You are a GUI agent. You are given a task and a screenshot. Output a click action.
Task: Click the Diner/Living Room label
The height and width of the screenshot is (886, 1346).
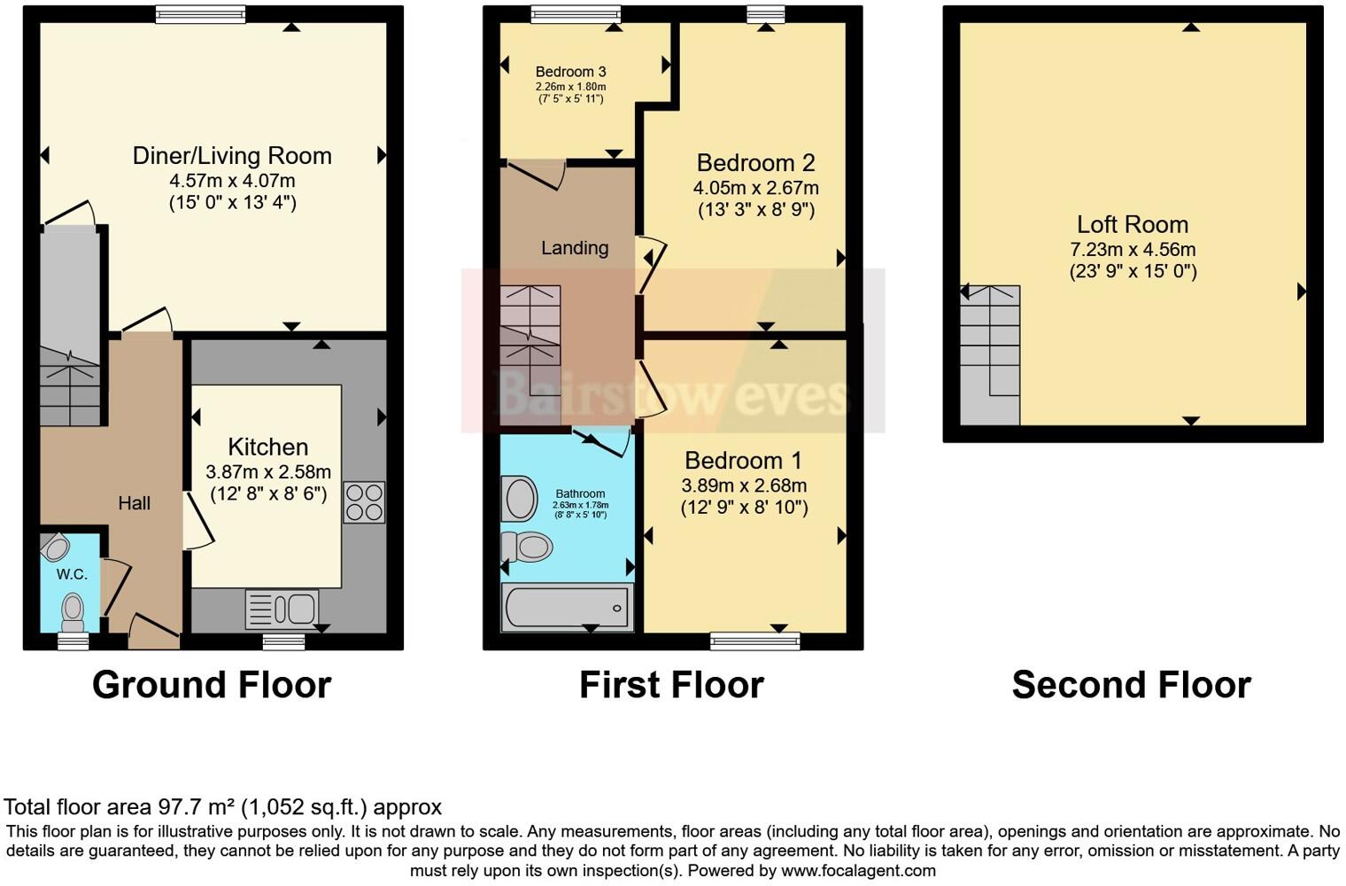click(x=232, y=156)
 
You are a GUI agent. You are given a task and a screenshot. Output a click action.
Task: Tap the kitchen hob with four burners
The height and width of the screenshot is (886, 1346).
click(x=364, y=502)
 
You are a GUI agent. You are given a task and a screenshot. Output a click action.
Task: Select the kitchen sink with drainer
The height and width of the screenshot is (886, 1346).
click(x=282, y=610)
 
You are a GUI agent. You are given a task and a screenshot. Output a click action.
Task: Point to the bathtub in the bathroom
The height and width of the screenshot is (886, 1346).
click(x=567, y=608)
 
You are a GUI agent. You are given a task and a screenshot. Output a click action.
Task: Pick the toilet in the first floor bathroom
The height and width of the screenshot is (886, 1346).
click(x=529, y=547)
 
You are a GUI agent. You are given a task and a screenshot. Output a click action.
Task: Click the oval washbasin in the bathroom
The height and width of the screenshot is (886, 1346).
click(x=520, y=498)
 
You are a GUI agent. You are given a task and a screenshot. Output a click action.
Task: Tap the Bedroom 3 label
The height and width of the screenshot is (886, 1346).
click(x=570, y=72)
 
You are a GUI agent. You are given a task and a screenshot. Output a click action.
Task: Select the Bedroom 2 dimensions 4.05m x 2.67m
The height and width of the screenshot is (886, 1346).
click(x=755, y=188)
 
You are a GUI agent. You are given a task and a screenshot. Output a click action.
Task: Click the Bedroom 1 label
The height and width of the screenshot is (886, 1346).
click(x=743, y=461)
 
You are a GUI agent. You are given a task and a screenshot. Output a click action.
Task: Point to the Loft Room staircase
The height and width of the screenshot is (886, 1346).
click(x=990, y=354)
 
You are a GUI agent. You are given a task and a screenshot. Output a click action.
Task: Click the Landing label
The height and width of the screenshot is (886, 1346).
click(x=575, y=248)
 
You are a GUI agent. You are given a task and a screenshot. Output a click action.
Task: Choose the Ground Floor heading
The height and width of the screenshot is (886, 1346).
click(x=212, y=685)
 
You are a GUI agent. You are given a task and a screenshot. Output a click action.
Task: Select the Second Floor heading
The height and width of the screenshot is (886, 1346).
click(x=1131, y=685)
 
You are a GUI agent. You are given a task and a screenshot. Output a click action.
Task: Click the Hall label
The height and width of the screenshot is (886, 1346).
click(x=135, y=503)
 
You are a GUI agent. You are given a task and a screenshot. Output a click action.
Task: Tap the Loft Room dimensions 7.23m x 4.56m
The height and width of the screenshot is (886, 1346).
click(x=1133, y=250)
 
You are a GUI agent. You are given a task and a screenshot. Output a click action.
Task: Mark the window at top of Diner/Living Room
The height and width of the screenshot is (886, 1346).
click(x=200, y=14)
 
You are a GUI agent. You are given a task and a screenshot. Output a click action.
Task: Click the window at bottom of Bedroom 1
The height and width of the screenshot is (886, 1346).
click(x=755, y=641)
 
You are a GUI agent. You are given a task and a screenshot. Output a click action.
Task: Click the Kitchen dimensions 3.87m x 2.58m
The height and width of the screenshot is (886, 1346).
click(x=268, y=472)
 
